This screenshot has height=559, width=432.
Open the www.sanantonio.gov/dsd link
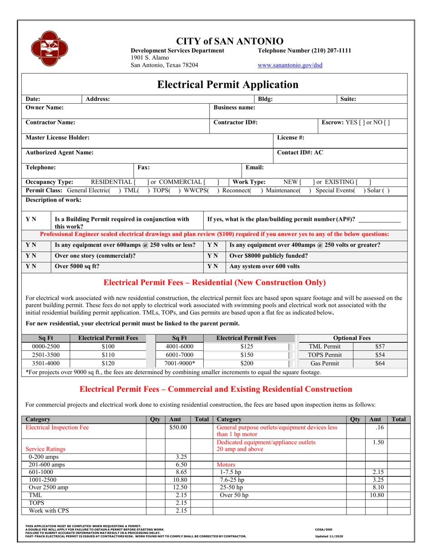pyautogui.click(x=290, y=65)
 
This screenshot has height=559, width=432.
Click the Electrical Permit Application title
pyautogui.click(x=227, y=85)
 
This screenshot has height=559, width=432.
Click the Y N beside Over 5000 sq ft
pyautogui.click(x=31, y=266)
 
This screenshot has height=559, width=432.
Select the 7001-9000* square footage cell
pyautogui.click(x=179, y=363)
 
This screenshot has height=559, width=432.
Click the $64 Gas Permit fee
pyautogui.click(x=380, y=363)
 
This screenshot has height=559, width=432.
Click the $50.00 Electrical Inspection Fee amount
pyautogui.click(x=178, y=428)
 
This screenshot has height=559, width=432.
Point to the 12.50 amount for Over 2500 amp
pyautogui.click(x=178, y=487)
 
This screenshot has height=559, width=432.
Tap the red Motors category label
pyautogui.click(x=226, y=465)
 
